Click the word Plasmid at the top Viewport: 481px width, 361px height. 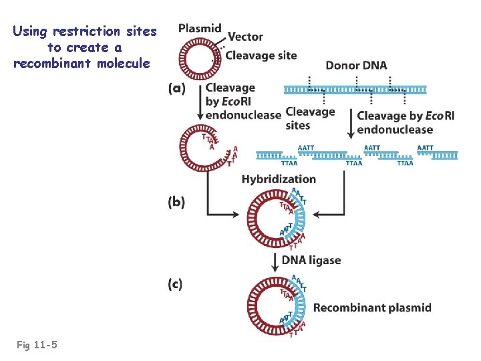click(x=200, y=28)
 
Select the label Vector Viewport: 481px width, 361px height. click(x=245, y=37)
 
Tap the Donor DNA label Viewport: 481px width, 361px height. click(x=356, y=65)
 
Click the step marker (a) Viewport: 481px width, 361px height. click(x=177, y=88)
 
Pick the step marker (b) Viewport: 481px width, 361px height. click(x=177, y=202)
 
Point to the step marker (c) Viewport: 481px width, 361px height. click(x=175, y=284)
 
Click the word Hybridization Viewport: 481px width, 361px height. click(x=279, y=179)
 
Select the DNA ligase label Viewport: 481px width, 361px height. click(x=311, y=260)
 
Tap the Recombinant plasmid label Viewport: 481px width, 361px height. click(x=372, y=308)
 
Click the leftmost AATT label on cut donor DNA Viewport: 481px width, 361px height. click(x=305, y=148)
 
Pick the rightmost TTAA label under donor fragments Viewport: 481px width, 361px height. click(x=405, y=163)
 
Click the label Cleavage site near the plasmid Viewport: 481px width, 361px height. click(x=261, y=55)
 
